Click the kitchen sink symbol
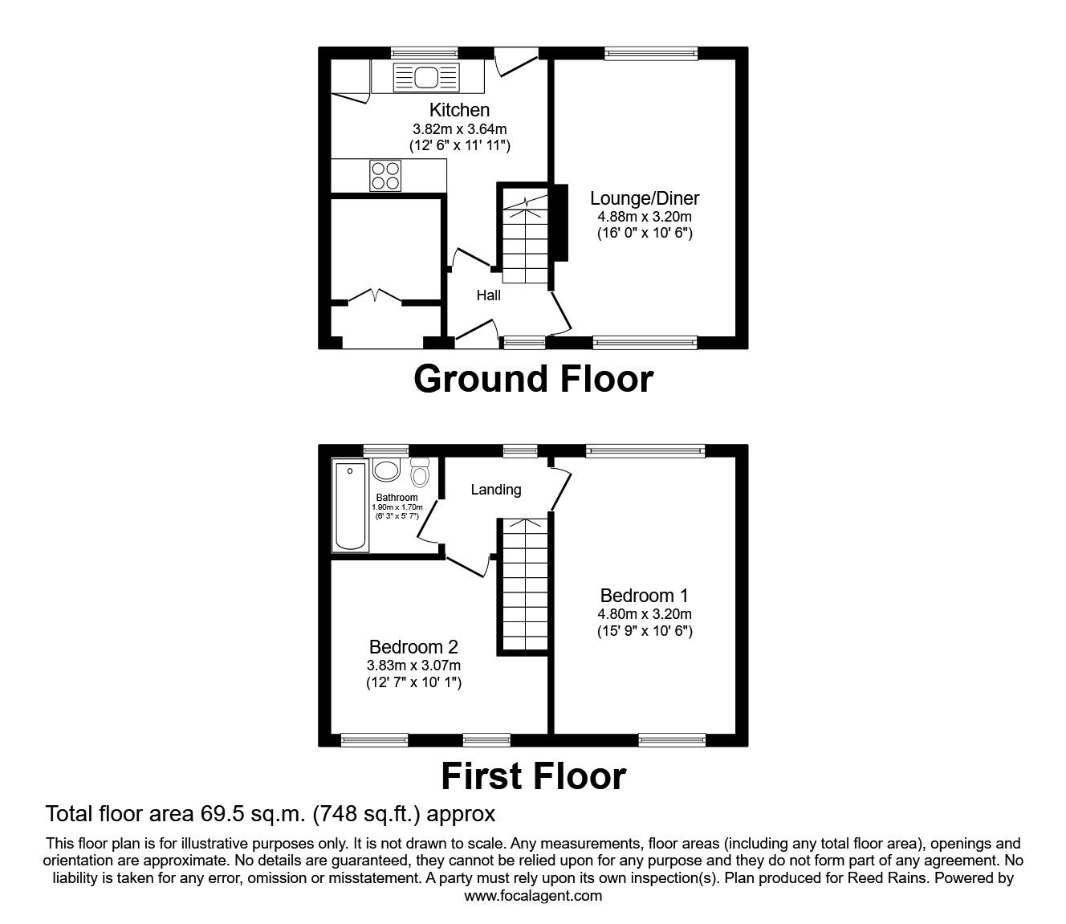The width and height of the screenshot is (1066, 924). tap(426, 78)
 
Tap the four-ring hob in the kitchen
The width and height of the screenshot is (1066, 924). tap(384, 176)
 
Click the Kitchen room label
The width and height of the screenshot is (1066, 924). tap(459, 110)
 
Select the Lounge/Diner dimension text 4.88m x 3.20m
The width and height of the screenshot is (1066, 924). tap(645, 216)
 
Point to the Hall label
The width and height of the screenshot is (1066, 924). tap(488, 295)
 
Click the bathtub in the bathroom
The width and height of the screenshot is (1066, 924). tap(351, 506)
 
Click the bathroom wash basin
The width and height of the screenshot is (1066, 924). tap(388, 470)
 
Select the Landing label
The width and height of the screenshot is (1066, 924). tap(495, 489)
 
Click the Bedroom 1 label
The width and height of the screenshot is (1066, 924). tap(644, 596)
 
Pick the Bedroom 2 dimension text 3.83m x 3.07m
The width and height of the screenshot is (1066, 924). tap(413, 665)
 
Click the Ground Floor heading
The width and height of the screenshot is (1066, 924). tap(533, 378)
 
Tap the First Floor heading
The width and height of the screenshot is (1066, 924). tap(533, 775)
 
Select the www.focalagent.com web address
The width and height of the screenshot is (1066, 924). tap(533, 896)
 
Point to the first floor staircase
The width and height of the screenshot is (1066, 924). tap(524, 586)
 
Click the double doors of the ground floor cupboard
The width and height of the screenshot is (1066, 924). tap(376, 296)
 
